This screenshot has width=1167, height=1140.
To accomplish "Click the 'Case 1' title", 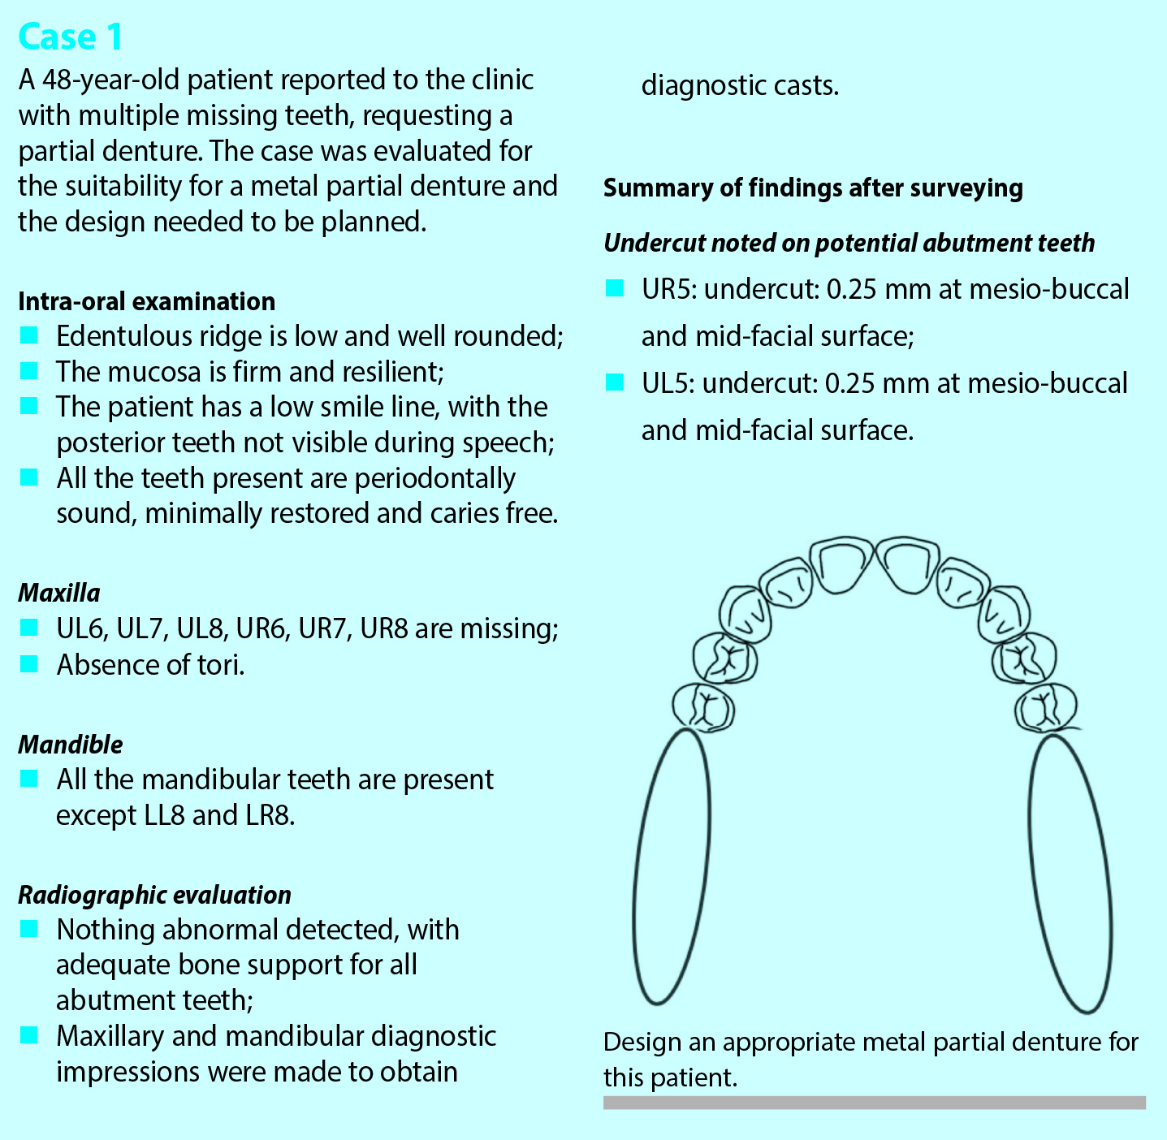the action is [x=70, y=37].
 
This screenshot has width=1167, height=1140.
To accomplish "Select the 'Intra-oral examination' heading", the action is [x=147, y=301].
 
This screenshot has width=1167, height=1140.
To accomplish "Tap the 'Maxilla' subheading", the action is [x=59, y=593].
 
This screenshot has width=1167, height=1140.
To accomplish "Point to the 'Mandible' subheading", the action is [x=71, y=745].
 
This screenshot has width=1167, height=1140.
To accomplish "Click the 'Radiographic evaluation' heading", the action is [x=155, y=895].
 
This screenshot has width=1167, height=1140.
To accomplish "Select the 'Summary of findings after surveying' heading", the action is [x=813, y=188].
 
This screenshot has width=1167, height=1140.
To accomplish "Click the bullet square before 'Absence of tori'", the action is [x=28, y=664].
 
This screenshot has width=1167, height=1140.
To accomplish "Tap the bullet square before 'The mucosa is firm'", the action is [x=28, y=370].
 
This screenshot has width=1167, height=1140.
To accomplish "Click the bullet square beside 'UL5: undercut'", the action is [x=614, y=382].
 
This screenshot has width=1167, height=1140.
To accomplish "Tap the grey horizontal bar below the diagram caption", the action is [x=875, y=1102].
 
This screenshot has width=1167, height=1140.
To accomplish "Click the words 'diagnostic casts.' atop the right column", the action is [x=740, y=86].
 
